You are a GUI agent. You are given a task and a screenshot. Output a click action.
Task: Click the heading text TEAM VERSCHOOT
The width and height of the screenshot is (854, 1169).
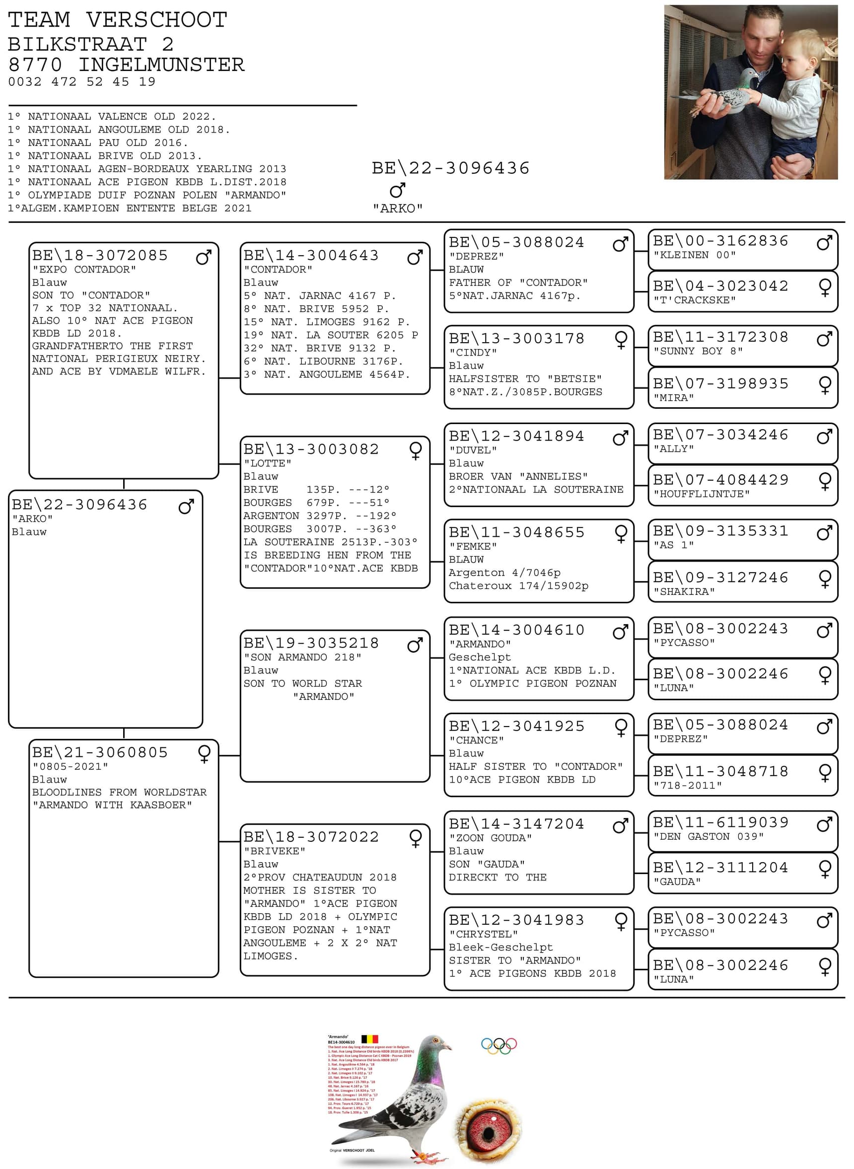[117, 20]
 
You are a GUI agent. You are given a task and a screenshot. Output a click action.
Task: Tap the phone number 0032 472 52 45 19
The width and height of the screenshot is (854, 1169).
[82, 81]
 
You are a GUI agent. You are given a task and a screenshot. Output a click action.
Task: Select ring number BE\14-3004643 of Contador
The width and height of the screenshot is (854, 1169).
[311, 255]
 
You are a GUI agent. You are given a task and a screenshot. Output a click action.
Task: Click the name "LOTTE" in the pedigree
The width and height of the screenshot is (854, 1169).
[267, 463]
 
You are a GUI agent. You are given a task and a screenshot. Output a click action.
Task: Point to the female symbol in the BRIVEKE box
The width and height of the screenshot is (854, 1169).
[415, 838]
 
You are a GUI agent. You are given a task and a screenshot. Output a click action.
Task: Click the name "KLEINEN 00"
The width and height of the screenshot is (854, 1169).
[694, 255]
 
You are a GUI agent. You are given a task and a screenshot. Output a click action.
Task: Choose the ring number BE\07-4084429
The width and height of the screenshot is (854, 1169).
[720, 480]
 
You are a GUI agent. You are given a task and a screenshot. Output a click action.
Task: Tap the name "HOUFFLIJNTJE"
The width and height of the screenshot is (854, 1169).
[701, 494]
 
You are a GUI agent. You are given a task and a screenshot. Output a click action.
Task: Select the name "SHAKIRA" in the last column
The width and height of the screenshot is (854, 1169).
[684, 591]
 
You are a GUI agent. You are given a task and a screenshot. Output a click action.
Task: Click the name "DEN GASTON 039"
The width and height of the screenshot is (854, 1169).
[708, 836]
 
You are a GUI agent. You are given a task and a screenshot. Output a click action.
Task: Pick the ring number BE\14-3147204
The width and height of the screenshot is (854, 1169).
[516, 824]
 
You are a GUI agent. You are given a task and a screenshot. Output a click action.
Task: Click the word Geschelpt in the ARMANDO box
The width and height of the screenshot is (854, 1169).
[479, 657]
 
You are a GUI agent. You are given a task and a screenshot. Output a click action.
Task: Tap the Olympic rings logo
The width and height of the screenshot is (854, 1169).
[499, 1046]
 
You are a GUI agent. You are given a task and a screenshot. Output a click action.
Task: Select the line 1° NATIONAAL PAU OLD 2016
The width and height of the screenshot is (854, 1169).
[98, 143]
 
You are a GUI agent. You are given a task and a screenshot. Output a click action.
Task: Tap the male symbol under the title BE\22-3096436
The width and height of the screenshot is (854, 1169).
[397, 190]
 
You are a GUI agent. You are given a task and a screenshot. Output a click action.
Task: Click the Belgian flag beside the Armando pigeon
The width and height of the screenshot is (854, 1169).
[369, 1039]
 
